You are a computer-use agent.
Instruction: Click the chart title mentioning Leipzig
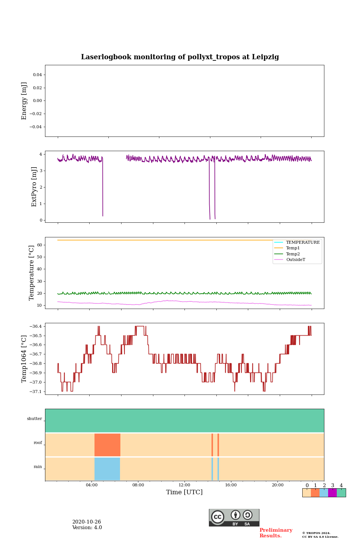click(x=180, y=57)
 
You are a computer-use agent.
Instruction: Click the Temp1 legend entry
click(x=293, y=248)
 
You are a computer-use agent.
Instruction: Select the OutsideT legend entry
click(x=295, y=260)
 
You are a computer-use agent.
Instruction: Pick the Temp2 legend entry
click(x=293, y=254)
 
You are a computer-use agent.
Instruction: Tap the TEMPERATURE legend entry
click(x=303, y=242)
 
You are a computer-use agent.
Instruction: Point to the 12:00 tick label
click(x=184, y=485)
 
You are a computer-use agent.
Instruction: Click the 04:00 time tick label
click(x=91, y=485)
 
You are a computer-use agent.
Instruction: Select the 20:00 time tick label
click(x=277, y=485)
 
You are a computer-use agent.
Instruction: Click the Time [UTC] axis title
click(x=184, y=492)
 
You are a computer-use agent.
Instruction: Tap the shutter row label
click(x=34, y=419)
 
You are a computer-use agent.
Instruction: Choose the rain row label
click(x=38, y=467)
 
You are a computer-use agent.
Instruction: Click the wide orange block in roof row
click(x=107, y=445)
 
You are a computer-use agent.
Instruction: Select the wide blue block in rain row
click(x=107, y=469)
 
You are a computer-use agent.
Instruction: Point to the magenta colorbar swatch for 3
click(x=332, y=493)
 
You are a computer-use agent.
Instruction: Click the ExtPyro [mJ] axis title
click(x=34, y=187)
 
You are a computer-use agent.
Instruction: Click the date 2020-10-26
click(x=87, y=522)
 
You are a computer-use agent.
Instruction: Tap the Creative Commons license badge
click(x=234, y=517)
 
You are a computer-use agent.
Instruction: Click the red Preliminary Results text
click(x=276, y=533)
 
